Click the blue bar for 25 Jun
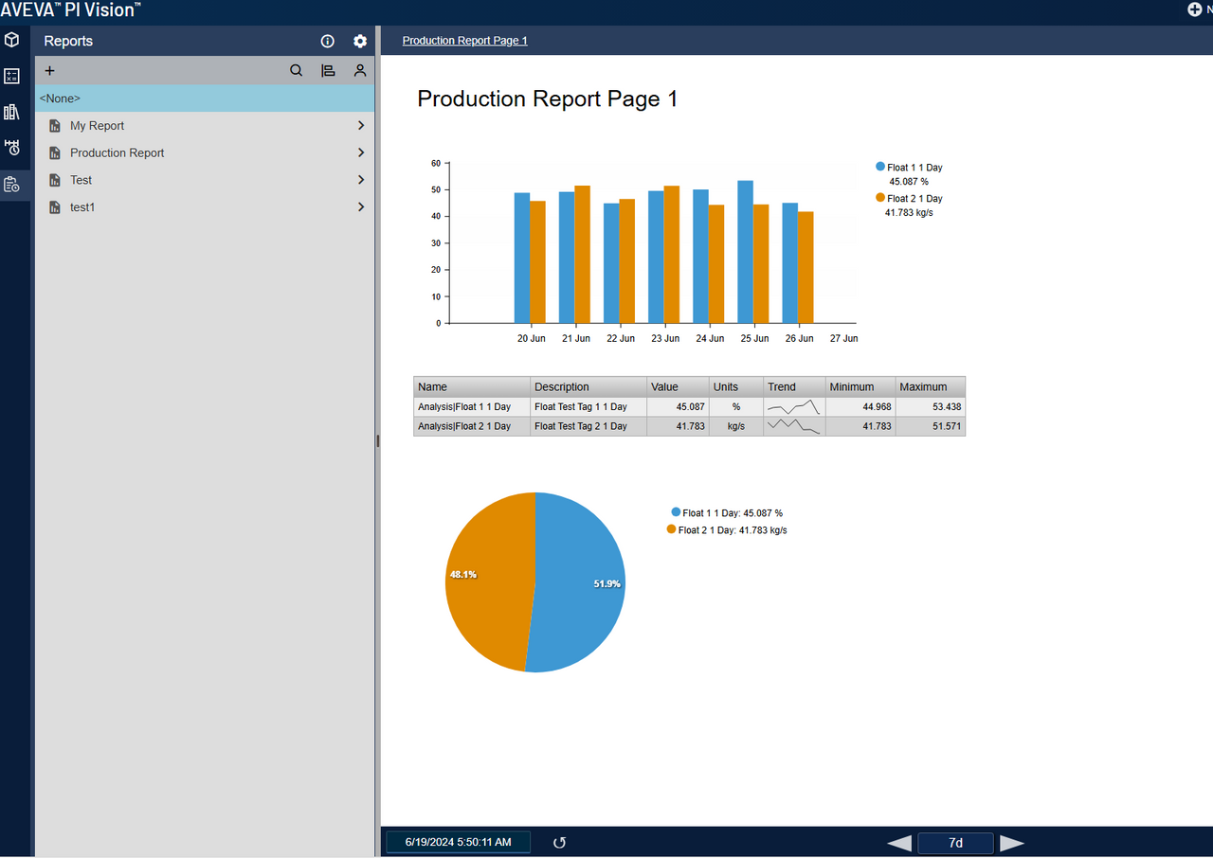(x=746, y=252)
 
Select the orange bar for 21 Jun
(x=583, y=254)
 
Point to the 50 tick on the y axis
(x=436, y=189)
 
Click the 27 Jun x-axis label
(x=843, y=338)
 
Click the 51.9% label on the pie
(x=606, y=584)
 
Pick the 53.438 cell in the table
(x=930, y=406)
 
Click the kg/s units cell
(x=735, y=426)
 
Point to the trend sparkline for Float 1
(x=793, y=407)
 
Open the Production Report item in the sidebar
(x=117, y=152)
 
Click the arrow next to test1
(x=361, y=206)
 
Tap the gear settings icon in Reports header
(x=360, y=41)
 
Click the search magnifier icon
(x=297, y=70)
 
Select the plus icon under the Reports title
(x=50, y=70)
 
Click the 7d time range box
(x=955, y=843)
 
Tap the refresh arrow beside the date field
(x=559, y=843)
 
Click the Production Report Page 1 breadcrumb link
(x=464, y=41)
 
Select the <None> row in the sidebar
(x=205, y=98)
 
